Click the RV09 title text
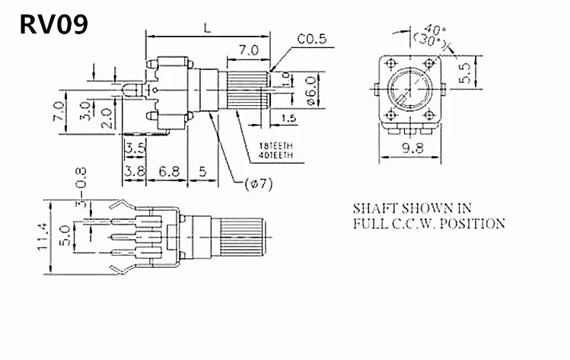pyautogui.click(x=53, y=24)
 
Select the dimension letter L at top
pyautogui.click(x=207, y=27)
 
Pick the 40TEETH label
pyautogui.click(x=275, y=155)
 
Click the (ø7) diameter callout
pyautogui.click(x=259, y=183)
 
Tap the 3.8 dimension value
pyautogui.click(x=135, y=172)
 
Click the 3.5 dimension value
pyautogui.click(x=135, y=147)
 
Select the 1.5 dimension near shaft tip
pyautogui.click(x=288, y=118)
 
